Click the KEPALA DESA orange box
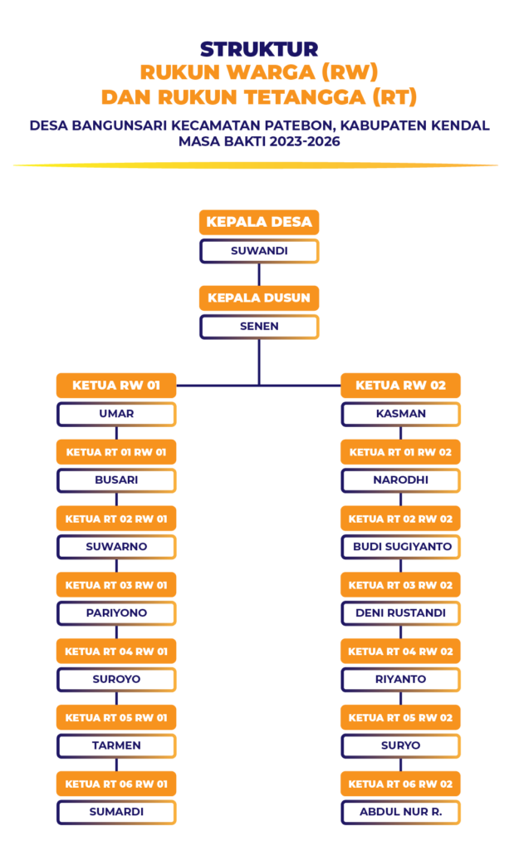click(259, 222)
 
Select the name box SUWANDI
click(259, 250)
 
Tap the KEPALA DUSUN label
click(259, 298)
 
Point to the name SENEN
click(259, 326)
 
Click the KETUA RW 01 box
click(116, 385)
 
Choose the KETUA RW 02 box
click(400, 385)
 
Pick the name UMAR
click(116, 413)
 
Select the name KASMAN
click(400, 413)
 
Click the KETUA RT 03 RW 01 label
click(116, 585)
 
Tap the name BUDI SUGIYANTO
click(400, 547)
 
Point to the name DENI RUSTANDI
click(400, 613)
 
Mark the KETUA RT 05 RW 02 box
click(400, 717)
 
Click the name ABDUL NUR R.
click(400, 811)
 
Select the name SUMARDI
click(116, 811)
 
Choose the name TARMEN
click(116, 745)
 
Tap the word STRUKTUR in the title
click(259, 49)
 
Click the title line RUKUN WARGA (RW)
click(259, 72)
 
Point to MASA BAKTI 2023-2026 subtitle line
click(259, 140)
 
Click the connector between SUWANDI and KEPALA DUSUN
click(259, 274)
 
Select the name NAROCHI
click(400, 480)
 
